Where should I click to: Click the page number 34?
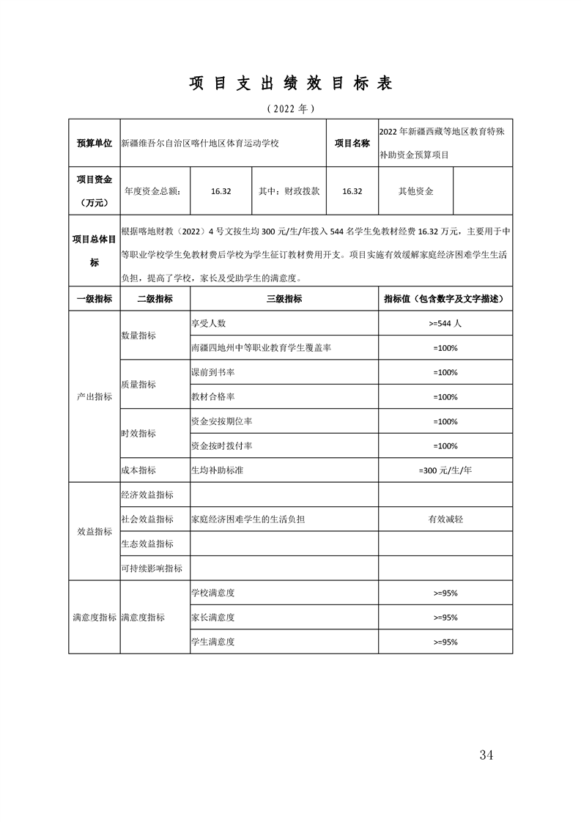[485, 755]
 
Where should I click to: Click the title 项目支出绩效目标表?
[291, 83]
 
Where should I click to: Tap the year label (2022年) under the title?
[291, 108]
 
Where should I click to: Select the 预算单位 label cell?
[95, 143]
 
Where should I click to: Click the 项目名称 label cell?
[352, 143]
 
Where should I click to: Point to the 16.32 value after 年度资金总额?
[221, 191]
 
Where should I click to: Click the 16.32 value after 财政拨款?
[352, 191]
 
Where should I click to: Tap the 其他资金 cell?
[415, 191]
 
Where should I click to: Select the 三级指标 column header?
[284, 299]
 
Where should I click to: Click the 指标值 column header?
[445, 299]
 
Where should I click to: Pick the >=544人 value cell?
[445, 323]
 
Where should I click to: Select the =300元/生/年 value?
[445, 470]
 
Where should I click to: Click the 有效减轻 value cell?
[445, 519]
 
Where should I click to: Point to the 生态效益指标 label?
[147, 544]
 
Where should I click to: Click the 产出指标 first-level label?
[95, 396]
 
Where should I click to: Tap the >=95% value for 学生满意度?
[445, 642]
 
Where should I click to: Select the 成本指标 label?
[138, 470]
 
